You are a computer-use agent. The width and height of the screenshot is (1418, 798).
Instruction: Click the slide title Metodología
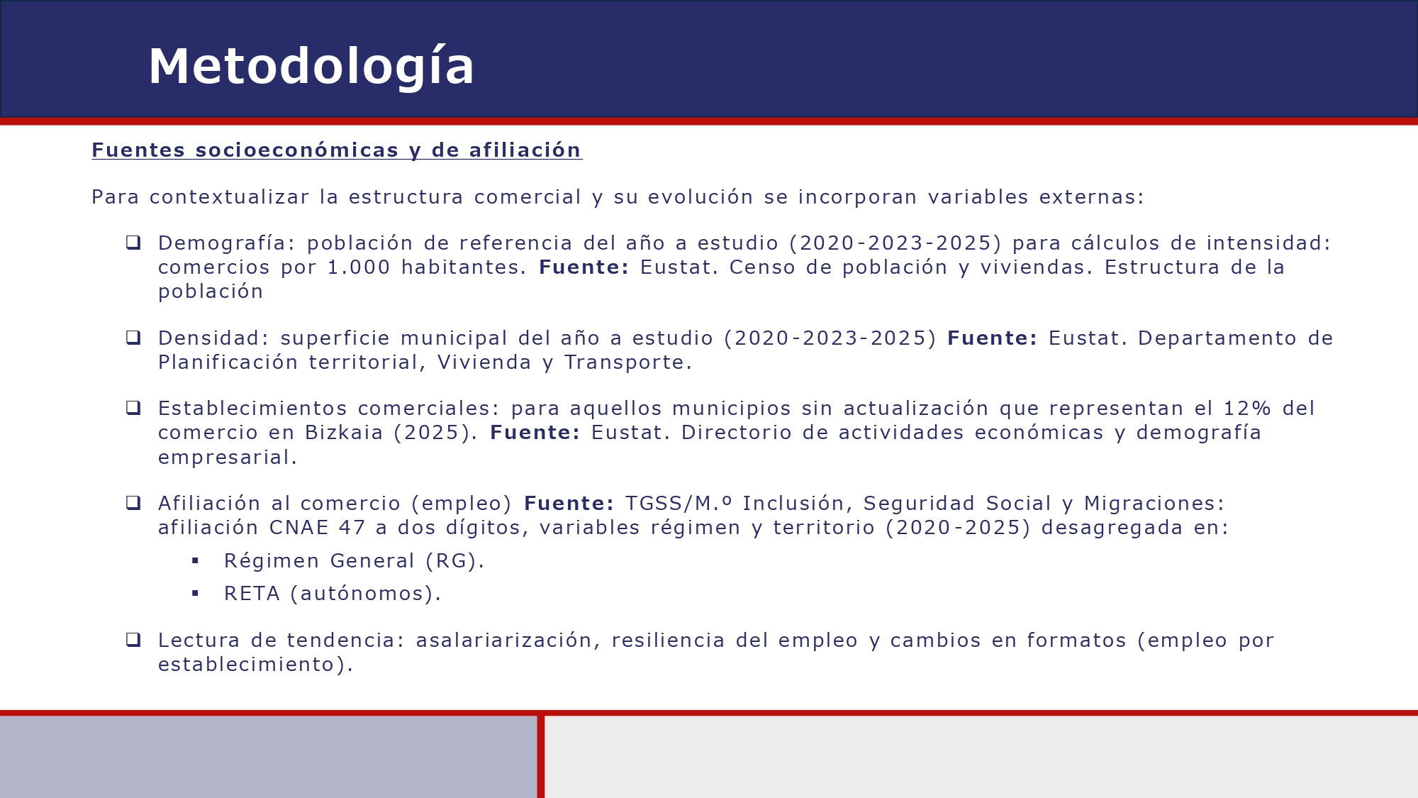tap(311, 67)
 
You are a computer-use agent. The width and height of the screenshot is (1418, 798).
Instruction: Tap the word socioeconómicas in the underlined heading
tap(296, 150)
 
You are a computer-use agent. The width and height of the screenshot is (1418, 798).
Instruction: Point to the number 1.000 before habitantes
tap(359, 267)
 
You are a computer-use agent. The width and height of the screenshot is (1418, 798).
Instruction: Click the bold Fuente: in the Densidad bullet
tap(992, 338)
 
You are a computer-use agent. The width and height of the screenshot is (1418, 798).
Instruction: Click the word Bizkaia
tap(344, 433)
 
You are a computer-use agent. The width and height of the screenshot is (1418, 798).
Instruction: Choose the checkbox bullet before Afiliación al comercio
tap(133, 503)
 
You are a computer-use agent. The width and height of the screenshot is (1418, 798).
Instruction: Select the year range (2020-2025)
tap(958, 528)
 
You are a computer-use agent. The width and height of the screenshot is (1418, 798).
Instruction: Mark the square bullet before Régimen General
tap(195, 561)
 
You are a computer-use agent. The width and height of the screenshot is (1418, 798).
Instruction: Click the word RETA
tap(252, 594)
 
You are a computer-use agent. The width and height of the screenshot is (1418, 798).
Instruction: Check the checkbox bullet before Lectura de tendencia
tap(133, 640)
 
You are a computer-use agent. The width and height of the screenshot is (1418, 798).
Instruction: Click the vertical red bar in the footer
tap(541, 756)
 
